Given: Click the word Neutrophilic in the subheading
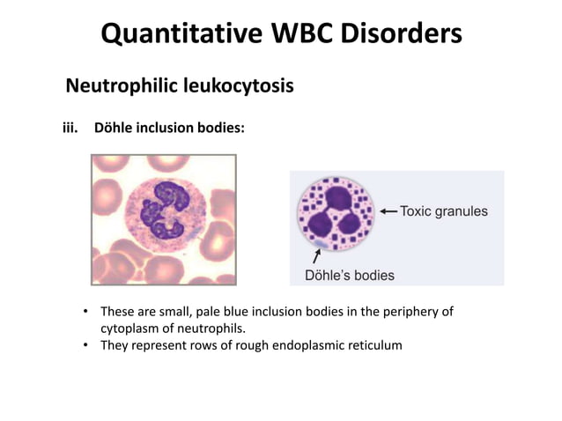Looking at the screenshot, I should tap(120, 86).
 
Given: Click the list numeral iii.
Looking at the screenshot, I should tap(69, 128).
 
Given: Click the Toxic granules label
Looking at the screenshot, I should tap(444, 211).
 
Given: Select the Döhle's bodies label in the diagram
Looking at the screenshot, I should tap(350, 275).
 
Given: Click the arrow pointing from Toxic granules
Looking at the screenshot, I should tap(388, 211).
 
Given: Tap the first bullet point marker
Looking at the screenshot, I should tap(86, 312).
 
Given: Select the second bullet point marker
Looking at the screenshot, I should tap(86, 344).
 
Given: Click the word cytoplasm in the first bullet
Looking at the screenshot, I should tap(129, 328).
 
